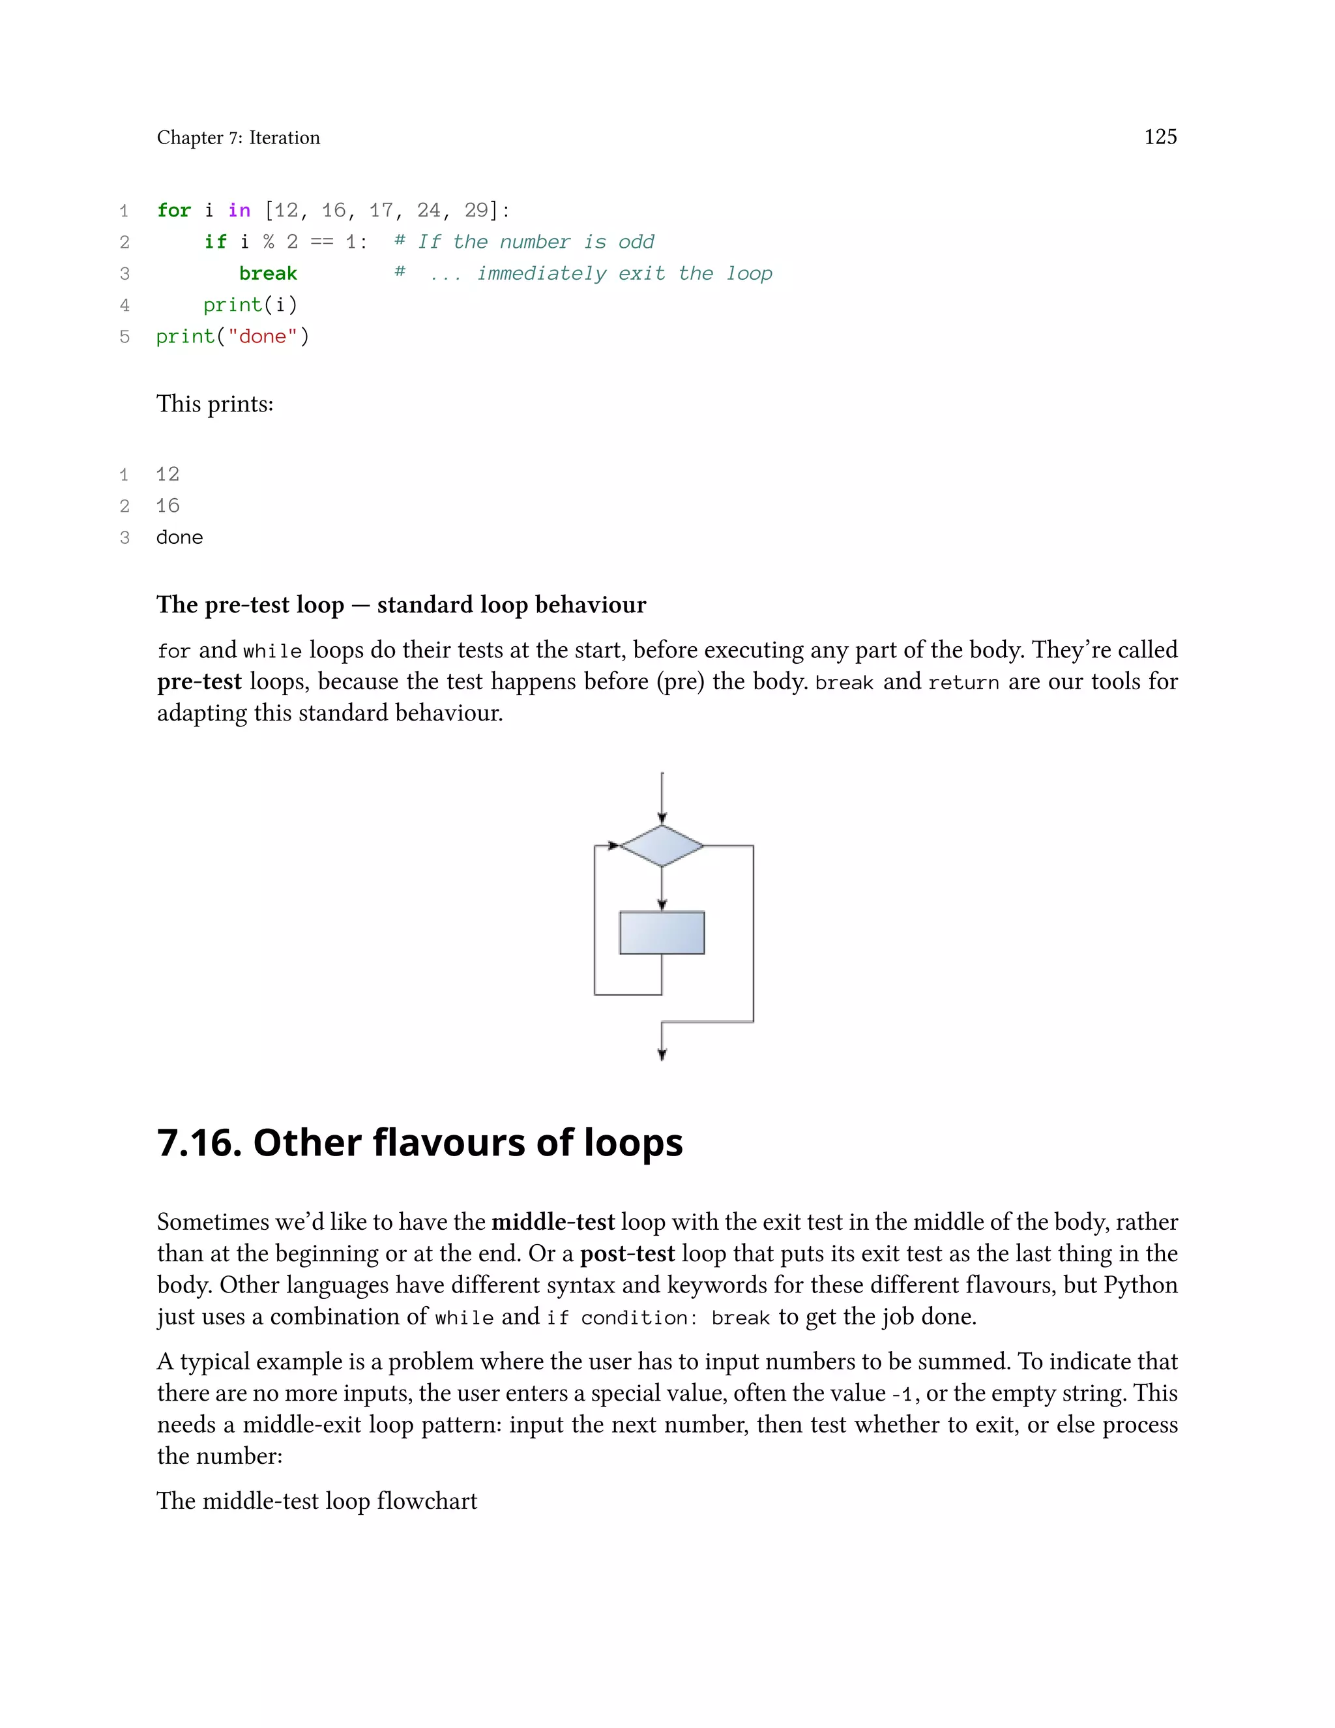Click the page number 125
[x=1160, y=137]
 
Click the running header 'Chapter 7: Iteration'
[x=238, y=138]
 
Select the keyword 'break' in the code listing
[x=267, y=274]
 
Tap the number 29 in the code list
[x=476, y=211]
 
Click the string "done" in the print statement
[x=262, y=337]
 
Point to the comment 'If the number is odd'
[x=535, y=242]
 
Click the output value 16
[x=168, y=505]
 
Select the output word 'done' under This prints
[x=179, y=537]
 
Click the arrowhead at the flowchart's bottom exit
[x=662, y=1054]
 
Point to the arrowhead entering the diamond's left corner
[x=613, y=846]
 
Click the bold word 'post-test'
[x=627, y=1253]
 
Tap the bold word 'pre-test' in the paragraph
[x=199, y=681]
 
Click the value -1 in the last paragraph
[x=902, y=1393]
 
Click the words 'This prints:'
[x=214, y=404]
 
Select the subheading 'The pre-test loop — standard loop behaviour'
[x=401, y=604]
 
